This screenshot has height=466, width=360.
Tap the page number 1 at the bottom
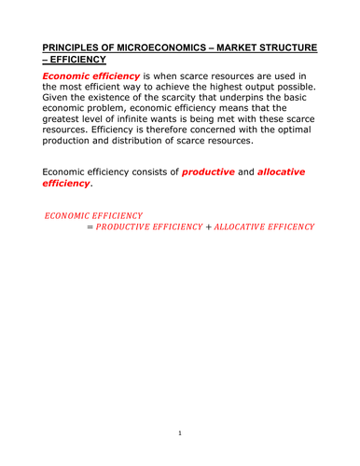180,433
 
